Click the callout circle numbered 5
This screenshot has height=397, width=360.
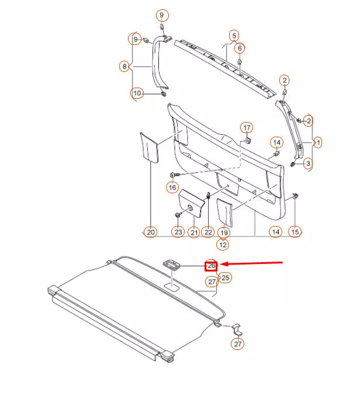(234, 35)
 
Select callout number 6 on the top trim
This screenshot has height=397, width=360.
(240, 47)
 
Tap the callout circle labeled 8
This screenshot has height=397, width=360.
(124, 67)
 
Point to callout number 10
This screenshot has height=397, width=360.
(137, 93)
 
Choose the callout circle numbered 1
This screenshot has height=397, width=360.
(318, 142)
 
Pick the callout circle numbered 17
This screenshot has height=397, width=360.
(247, 128)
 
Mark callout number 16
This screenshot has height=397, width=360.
(172, 187)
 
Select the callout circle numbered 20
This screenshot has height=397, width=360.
(151, 232)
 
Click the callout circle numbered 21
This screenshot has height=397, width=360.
(194, 232)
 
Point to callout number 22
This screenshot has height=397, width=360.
(208, 232)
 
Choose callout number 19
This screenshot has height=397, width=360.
(224, 232)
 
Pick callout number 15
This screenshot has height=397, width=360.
(295, 232)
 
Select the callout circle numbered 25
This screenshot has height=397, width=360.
(225, 277)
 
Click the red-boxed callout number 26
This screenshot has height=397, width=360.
(211, 266)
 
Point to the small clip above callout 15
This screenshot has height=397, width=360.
(296, 197)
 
